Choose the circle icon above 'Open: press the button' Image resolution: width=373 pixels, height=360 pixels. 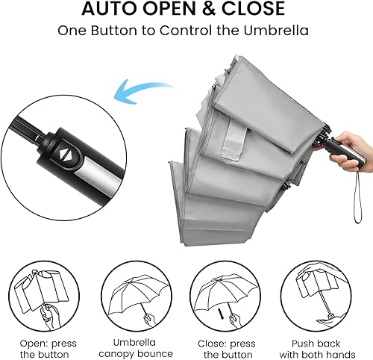coord(41,295)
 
